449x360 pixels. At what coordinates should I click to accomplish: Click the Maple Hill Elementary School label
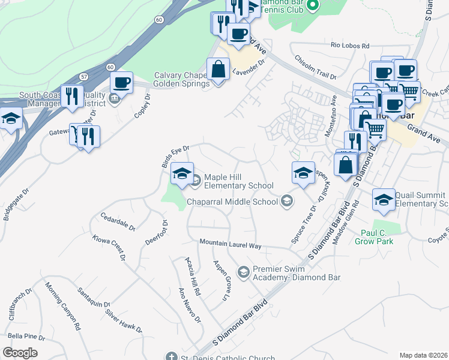[x=239, y=181]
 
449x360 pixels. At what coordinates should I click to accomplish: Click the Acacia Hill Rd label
[x=192, y=276]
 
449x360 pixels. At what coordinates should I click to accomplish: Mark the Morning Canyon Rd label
[x=62, y=307]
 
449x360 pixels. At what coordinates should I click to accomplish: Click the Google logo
[x=20, y=353]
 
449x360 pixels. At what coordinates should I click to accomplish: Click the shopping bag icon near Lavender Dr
[x=218, y=70]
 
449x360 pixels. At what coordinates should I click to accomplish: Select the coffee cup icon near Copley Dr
[x=121, y=82]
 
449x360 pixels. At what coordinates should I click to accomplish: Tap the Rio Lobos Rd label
[x=349, y=45]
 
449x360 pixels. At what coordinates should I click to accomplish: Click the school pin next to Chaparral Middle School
[x=287, y=201]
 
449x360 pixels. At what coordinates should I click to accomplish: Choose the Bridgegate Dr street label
[x=14, y=205]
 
